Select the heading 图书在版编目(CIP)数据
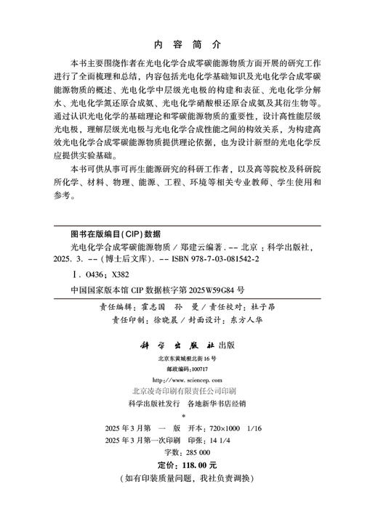pos(110,234)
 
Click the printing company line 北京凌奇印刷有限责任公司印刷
pos(188,390)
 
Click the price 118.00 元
pos(197,465)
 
